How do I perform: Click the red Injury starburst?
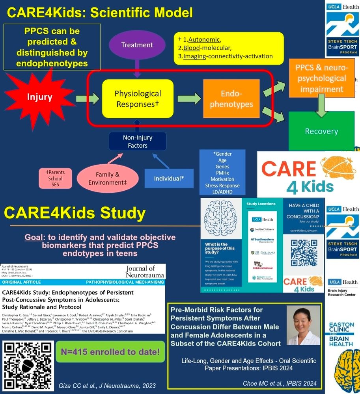[x=39, y=97]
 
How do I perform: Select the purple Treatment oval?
[x=137, y=45]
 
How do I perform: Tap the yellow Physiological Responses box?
[x=138, y=98]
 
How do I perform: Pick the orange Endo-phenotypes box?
[x=231, y=98]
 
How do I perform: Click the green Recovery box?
[x=321, y=131]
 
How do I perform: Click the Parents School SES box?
[x=55, y=178]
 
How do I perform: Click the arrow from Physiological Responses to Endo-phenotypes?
[x=189, y=98]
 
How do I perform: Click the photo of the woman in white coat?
[x=303, y=325]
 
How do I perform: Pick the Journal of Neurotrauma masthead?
[x=145, y=272]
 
